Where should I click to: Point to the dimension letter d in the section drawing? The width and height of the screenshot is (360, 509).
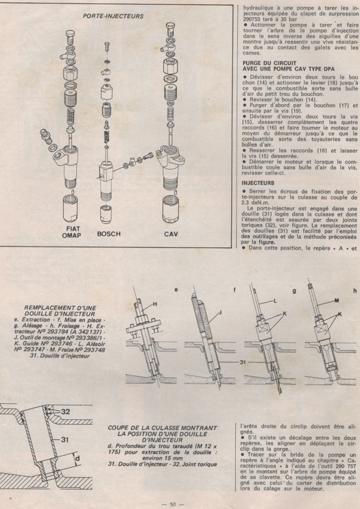(x=58, y=457)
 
